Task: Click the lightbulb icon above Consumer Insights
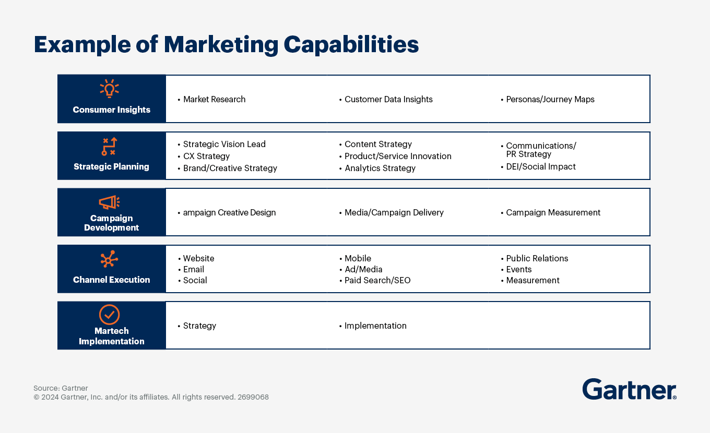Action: tap(110, 89)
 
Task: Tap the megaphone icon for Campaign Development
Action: tap(110, 202)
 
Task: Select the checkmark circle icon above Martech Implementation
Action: tap(110, 315)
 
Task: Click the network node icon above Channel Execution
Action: tap(110, 259)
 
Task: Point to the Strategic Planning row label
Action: tap(111, 167)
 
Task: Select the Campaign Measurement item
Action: tap(553, 213)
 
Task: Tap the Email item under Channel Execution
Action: tap(194, 270)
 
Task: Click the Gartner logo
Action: tap(629, 390)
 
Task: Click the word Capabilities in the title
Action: tap(351, 45)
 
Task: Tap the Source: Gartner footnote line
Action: tap(61, 388)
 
